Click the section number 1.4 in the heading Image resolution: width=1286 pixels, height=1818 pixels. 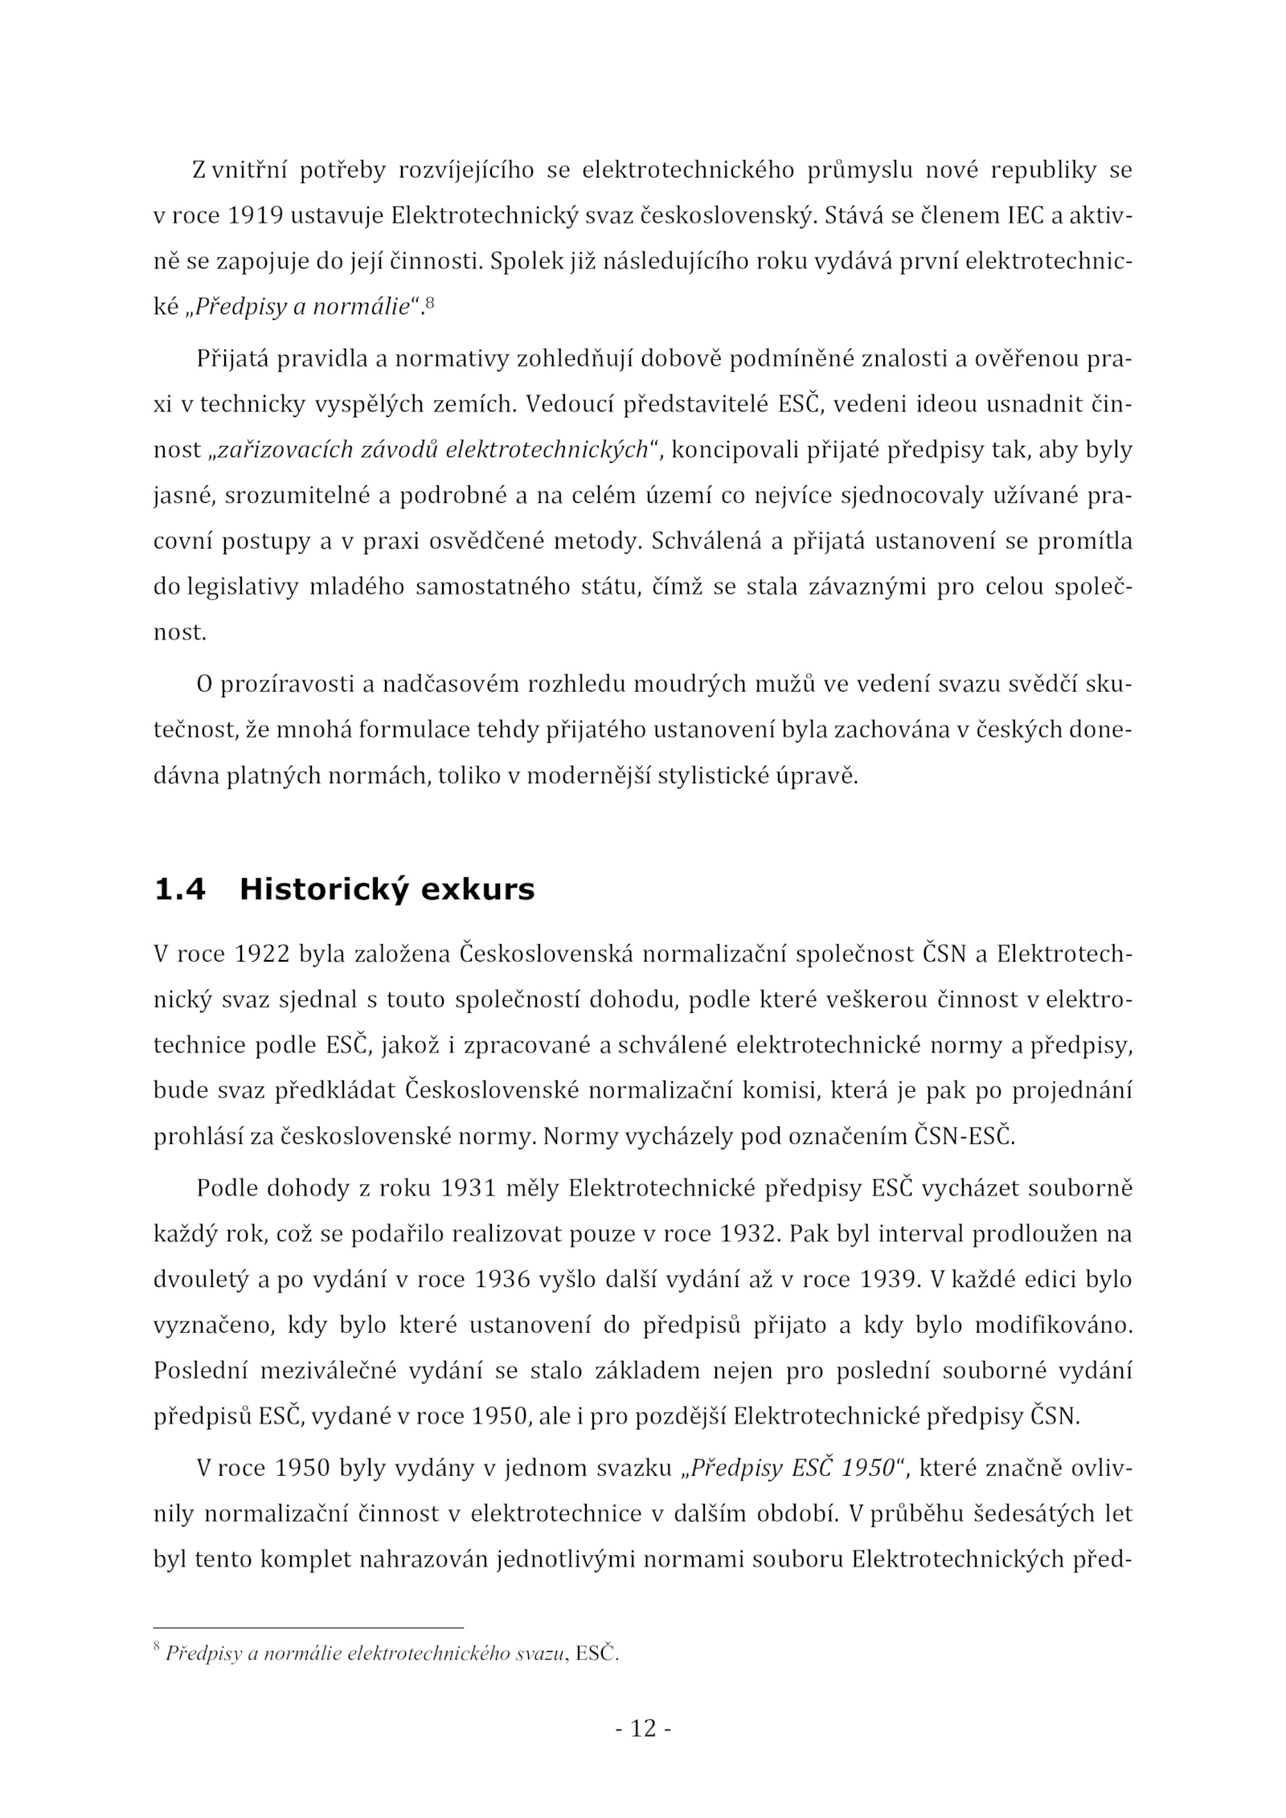point(178,890)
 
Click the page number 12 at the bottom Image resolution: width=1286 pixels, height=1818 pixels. point(643,1728)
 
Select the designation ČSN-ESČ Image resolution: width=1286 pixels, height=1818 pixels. point(964,1138)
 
